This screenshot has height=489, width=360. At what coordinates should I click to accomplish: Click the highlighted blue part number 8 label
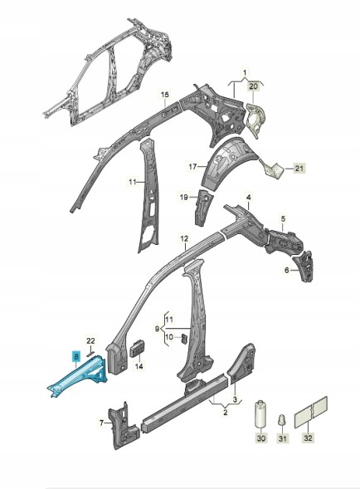click(x=76, y=356)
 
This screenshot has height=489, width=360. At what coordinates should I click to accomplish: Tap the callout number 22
click(x=90, y=341)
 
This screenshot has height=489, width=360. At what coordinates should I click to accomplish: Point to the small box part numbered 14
click(x=137, y=348)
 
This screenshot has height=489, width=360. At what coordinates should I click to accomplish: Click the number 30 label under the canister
click(x=261, y=438)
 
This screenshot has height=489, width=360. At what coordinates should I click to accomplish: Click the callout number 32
click(x=308, y=438)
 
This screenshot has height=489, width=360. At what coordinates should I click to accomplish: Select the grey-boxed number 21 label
click(x=299, y=169)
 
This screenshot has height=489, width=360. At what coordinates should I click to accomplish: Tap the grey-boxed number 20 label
click(x=253, y=86)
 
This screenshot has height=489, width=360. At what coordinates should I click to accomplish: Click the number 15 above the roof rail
click(x=165, y=94)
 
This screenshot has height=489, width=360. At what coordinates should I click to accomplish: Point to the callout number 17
click(x=192, y=167)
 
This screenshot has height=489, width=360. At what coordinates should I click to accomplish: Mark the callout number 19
click(x=184, y=197)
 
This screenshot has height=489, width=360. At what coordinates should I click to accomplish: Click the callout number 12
click(x=184, y=239)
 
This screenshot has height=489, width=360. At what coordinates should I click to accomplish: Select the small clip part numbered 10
click(x=184, y=338)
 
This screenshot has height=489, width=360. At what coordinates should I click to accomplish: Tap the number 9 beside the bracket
click(x=157, y=328)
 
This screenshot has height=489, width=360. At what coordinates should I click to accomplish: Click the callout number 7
click(x=101, y=423)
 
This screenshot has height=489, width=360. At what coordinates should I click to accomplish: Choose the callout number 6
click(x=287, y=271)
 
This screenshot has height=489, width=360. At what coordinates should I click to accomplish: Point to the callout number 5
click(x=283, y=218)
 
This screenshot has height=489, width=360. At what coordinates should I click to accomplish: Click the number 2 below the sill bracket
click(x=226, y=413)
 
